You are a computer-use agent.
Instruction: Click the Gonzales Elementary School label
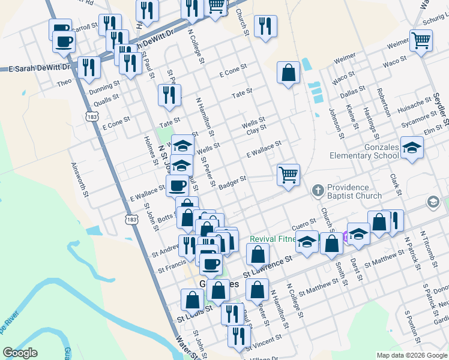click(364, 151)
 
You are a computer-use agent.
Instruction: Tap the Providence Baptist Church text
click(355, 191)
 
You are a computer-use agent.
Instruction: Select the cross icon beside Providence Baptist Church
click(318, 191)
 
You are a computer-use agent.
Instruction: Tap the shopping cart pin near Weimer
click(421, 41)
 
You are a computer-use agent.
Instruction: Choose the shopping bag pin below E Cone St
click(289, 73)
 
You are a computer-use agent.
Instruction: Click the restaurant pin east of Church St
click(264, 26)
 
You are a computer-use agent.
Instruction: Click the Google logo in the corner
click(20, 353)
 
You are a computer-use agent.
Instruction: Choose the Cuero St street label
click(304, 224)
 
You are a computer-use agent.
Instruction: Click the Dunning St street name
click(100, 89)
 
